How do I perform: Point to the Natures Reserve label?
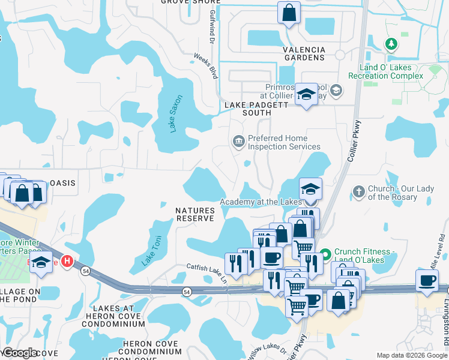pos(195,214)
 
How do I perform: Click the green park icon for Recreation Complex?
pos(391,44)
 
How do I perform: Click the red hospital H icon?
pos(68,262)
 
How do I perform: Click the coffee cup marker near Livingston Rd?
pos(427,281)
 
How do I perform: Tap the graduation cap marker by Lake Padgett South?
pos(306,94)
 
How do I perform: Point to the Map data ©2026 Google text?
pos(412,355)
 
